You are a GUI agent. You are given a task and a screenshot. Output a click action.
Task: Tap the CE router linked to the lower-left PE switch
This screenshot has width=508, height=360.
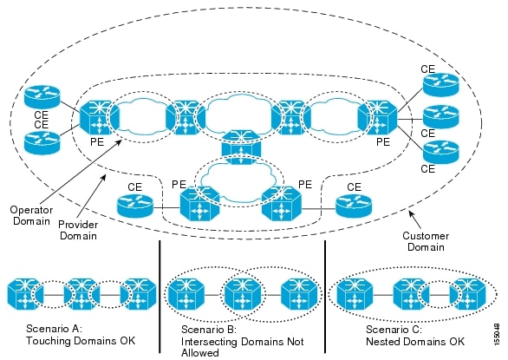[134, 205]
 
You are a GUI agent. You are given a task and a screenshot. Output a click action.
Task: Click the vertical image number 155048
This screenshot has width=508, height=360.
[497, 333]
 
